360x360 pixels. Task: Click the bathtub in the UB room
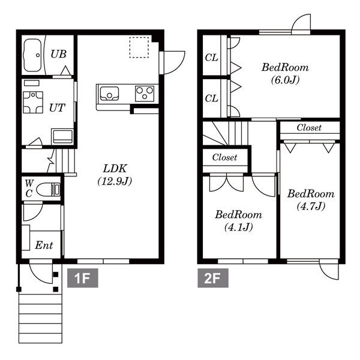click(33, 55)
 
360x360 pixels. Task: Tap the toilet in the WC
click(49, 190)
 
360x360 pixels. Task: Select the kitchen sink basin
click(110, 94)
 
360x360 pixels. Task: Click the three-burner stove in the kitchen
click(145, 94)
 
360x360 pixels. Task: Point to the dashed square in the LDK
click(139, 47)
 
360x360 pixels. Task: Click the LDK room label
click(115, 169)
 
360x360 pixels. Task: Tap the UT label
click(57, 107)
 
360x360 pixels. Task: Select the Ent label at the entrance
click(44, 245)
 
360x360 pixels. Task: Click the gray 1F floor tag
click(83, 278)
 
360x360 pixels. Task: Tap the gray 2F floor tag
click(213, 278)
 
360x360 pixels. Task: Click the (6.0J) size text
click(285, 80)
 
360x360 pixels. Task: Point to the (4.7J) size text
click(311, 206)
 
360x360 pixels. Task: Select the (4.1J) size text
click(239, 227)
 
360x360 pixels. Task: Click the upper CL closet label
click(211, 58)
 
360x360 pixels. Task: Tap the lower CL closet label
click(211, 98)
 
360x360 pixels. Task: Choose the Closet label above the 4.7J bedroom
click(309, 128)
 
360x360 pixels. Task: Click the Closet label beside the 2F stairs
click(224, 157)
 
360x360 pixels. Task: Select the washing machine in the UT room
click(33, 102)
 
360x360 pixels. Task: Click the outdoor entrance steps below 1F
click(40, 319)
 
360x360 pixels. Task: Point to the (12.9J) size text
click(115, 181)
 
